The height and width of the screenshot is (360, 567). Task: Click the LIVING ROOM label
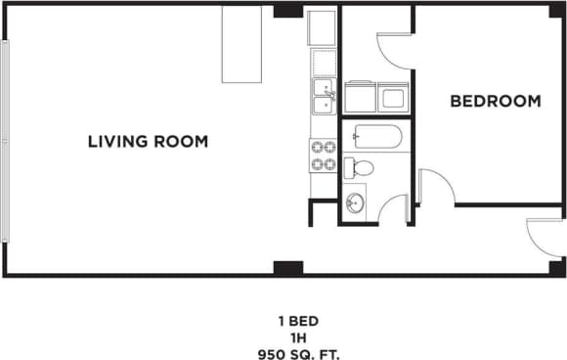(x=148, y=142)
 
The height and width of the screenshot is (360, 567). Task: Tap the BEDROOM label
(x=495, y=101)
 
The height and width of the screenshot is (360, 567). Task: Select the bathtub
(x=373, y=137)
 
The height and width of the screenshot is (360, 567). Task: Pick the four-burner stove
(x=323, y=156)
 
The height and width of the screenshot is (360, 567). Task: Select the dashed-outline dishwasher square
(x=323, y=63)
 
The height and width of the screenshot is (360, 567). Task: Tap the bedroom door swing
(x=434, y=187)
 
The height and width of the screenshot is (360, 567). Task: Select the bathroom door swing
(x=393, y=209)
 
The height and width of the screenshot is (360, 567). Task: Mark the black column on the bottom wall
(x=287, y=267)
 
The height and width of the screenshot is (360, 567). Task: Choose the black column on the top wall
(x=287, y=11)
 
